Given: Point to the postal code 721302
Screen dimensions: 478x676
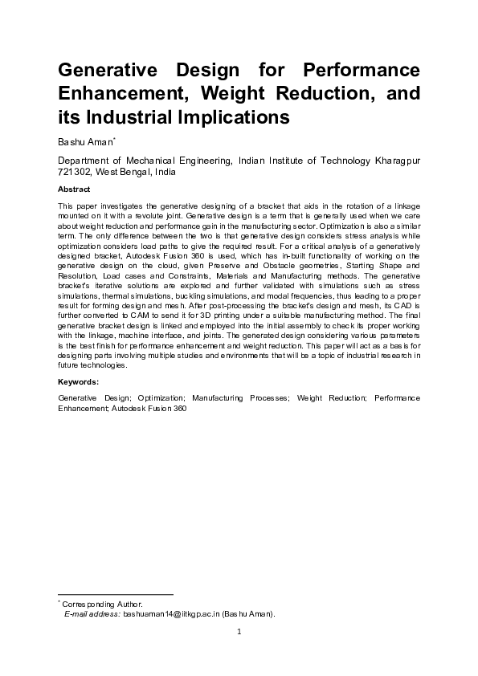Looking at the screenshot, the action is point(75,172).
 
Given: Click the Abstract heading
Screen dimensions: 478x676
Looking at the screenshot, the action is point(74,189).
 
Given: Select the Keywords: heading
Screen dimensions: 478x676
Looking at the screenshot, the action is point(79,381).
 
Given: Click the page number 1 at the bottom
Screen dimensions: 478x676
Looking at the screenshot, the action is point(239,631).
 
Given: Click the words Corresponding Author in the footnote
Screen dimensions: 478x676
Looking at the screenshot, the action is point(103,604).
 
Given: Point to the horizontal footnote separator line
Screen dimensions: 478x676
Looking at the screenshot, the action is point(116,594).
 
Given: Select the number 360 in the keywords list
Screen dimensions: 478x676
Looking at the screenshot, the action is point(178,408).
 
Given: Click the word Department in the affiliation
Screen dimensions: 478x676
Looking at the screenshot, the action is point(85,161).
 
